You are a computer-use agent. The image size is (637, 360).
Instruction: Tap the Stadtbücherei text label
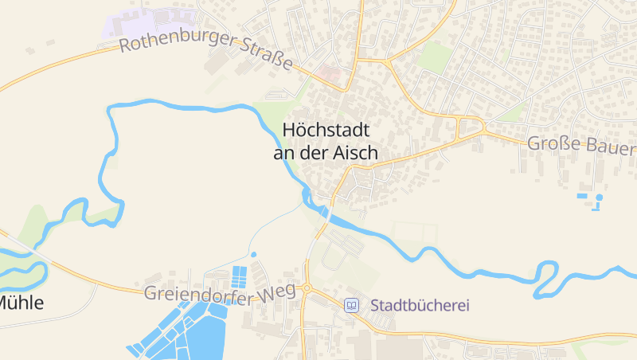point(420,305)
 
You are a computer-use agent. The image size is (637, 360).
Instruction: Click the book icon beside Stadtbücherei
point(351,305)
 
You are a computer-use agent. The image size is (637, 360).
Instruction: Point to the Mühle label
point(21,303)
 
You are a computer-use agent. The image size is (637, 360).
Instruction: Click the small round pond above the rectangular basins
point(254,255)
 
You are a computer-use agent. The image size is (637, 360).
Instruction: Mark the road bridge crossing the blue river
point(327,213)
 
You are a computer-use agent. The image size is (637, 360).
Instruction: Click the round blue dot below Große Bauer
point(600,197)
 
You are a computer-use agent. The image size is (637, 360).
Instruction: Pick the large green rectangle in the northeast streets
point(435,57)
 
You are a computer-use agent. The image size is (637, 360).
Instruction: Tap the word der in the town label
point(319,152)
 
